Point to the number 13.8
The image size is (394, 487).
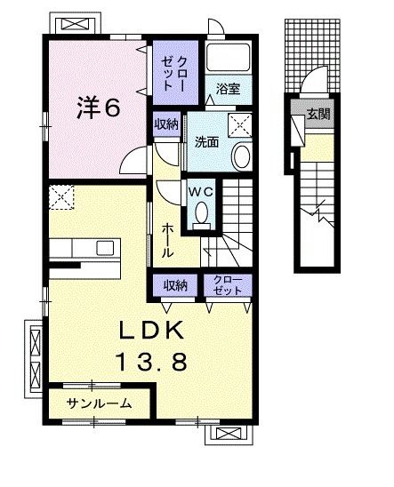pos(152,362)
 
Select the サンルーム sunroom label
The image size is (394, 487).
pos(98,403)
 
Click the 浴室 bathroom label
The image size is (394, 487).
pos(229,89)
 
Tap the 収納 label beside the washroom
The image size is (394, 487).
pos(166,124)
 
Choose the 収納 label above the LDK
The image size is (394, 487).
pos(175,284)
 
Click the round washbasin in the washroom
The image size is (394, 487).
pos(240,156)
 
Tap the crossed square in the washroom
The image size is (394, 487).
pos(238,124)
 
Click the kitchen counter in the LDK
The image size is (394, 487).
pos(80,248)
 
